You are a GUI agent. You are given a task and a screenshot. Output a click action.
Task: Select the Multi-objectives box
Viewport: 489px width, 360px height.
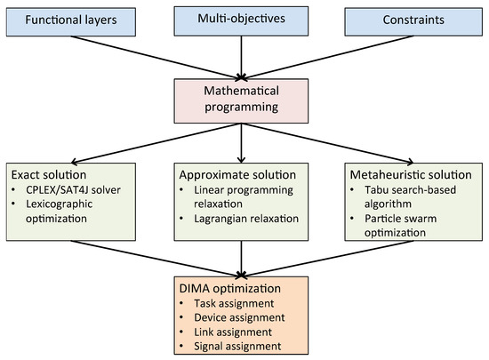click(x=244, y=19)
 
